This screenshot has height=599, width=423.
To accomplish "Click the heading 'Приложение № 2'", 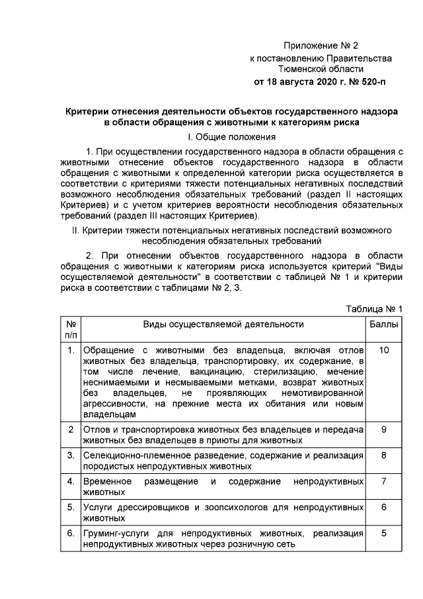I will pyautogui.click(x=321, y=46).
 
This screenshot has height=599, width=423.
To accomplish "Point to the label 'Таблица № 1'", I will pyautogui.click(x=375, y=310).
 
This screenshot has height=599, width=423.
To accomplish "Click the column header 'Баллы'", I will pyautogui.click(x=384, y=324).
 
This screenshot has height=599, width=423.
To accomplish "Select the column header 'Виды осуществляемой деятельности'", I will pyautogui.click(x=223, y=324).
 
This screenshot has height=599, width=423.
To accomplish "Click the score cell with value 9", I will pyautogui.click(x=384, y=430).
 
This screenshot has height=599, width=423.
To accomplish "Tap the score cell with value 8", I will pyautogui.click(x=384, y=455).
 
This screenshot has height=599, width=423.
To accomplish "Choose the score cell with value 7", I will pyautogui.click(x=384, y=481).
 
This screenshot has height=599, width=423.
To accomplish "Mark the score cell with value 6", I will pyautogui.click(x=384, y=506).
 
